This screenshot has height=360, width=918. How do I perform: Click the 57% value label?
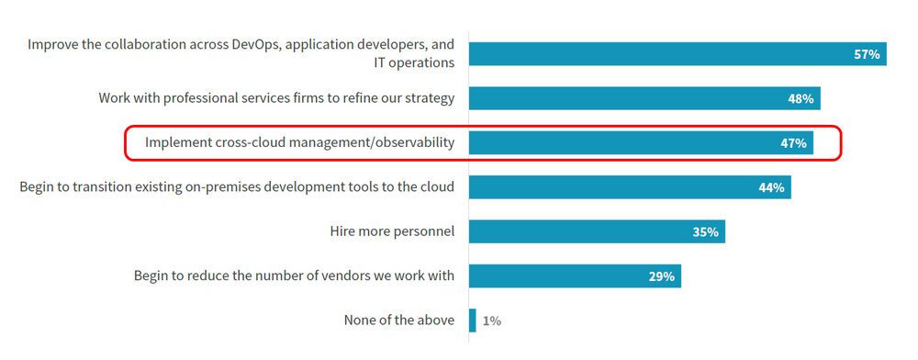pyautogui.click(x=867, y=55)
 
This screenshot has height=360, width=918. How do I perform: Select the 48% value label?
pyautogui.click(x=800, y=99)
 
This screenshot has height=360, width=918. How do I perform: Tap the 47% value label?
pyautogui.click(x=793, y=143)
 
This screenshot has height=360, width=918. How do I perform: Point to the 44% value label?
pyautogui.click(x=771, y=187)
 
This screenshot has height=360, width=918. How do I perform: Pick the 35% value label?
pyautogui.click(x=705, y=231)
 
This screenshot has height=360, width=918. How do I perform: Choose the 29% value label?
pyautogui.click(x=661, y=276)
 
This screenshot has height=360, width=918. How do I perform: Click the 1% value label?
pyautogui.click(x=491, y=321)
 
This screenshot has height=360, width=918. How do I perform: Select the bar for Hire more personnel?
pyautogui.click(x=597, y=231)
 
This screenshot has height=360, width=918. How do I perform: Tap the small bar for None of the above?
pyautogui.click(x=473, y=321)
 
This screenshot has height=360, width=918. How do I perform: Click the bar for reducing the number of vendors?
pyautogui.click(x=575, y=276)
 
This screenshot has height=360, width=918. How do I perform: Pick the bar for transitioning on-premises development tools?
pyautogui.click(x=630, y=187)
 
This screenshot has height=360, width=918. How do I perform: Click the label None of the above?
pyautogui.click(x=398, y=321)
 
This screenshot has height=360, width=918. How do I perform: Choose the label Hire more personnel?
pyautogui.click(x=392, y=231)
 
